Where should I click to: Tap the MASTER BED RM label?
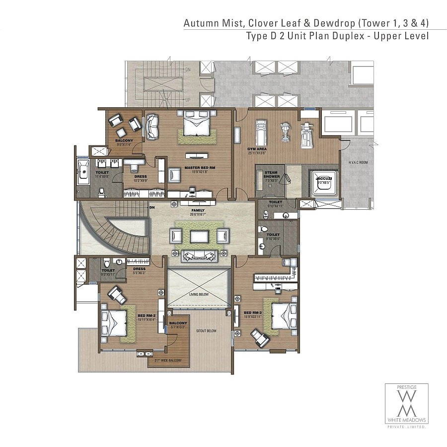[x=199, y=167]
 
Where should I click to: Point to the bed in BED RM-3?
[x=279, y=315]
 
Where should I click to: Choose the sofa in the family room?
[x=200, y=255]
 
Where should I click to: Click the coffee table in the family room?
[x=200, y=236]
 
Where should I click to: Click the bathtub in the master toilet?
[x=83, y=172]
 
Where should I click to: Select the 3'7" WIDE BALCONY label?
[x=168, y=361]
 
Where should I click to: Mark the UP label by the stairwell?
[x=188, y=100]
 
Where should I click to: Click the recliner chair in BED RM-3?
[x=260, y=338]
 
